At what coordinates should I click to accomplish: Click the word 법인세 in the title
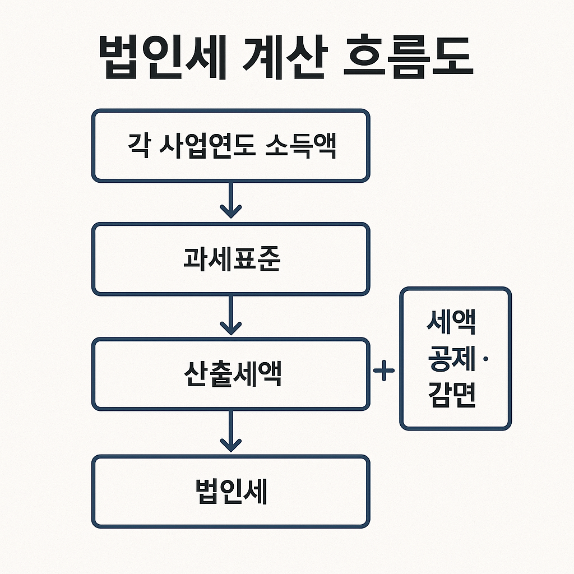click(x=163, y=58)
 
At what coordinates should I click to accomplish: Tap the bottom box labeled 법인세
click(x=230, y=492)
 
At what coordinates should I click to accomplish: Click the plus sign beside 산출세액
click(x=384, y=371)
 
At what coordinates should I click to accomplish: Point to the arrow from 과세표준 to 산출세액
click(x=230, y=315)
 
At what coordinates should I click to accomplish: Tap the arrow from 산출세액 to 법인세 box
click(x=230, y=432)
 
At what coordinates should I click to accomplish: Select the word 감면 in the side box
click(x=451, y=395)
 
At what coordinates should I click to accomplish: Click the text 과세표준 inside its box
click(x=232, y=258)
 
